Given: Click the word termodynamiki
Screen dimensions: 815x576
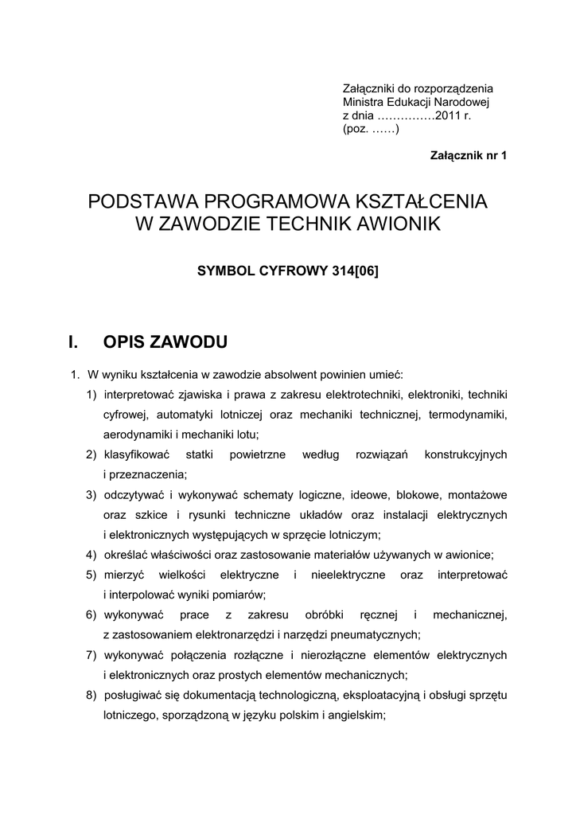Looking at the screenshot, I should [x=468, y=414].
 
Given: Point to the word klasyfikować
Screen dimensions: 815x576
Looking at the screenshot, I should [x=137, y=454].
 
